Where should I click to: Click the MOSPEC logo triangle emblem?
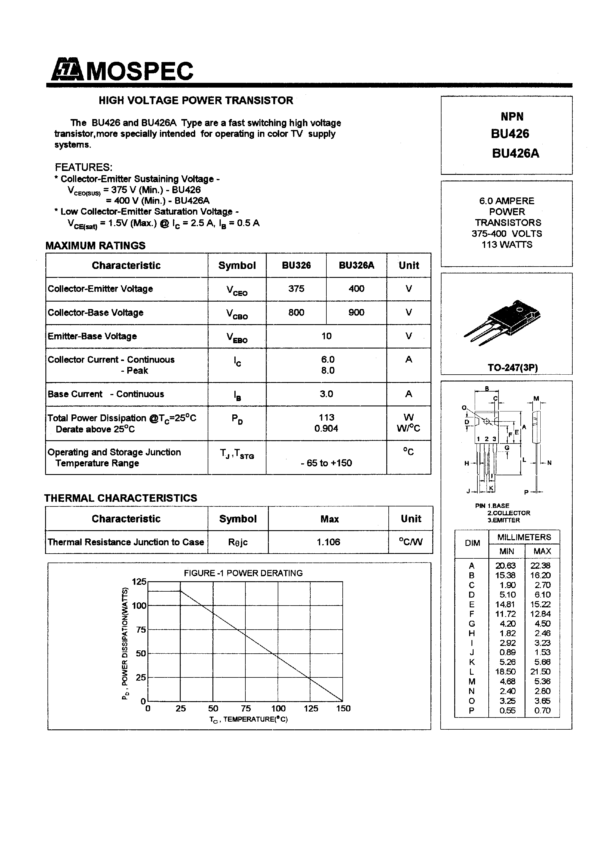pos(67,70)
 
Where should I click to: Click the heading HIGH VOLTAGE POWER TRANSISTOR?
pos(196,101)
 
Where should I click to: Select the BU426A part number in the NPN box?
pos(515,153)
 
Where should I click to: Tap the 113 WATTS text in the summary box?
pos(507,245)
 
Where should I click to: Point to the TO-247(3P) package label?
pos(512,367)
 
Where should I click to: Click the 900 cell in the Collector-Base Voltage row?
pos(356,312)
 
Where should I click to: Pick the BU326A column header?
pos(356,265)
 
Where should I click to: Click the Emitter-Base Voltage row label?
pos(92,336)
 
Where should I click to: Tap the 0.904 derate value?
pos(326,428)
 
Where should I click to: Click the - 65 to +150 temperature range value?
pos(326,463)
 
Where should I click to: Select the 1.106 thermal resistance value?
pos(328,542)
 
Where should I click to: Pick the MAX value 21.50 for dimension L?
pos(542,672)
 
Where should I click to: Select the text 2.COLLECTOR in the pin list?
pos(509,513)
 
